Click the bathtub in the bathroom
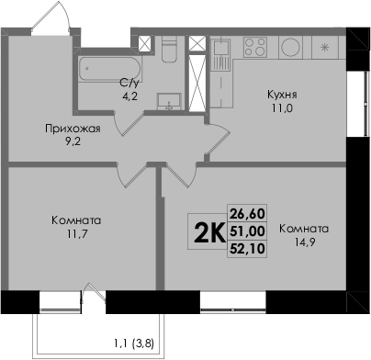(110, 69)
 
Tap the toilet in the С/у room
(169, 50)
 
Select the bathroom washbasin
(169, 101)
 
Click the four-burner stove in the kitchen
(255, 47)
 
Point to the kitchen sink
(220, 55)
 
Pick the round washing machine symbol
(290, 48)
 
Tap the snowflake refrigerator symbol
(324, 48)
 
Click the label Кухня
(282, 95)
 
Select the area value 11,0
(282, 108)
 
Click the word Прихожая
(73, 129)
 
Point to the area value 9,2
(73, 141)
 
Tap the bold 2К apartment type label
(208, 232)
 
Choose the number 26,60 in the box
(247, 213)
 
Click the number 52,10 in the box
(247, 248)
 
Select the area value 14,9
(305, 242)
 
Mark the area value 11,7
(78, 234)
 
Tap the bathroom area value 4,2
(129, 96)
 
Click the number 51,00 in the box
(247, 231)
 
